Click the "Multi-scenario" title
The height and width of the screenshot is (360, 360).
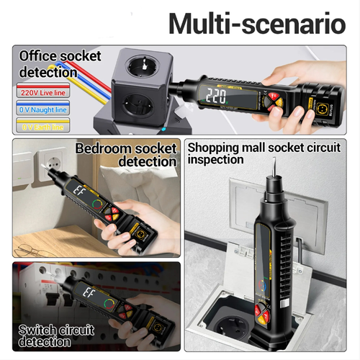click(257, 23)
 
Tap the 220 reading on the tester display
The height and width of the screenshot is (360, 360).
click(216, 96)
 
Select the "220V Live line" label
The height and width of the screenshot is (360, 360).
click(43, 92)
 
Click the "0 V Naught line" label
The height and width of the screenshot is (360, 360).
click(43, 109)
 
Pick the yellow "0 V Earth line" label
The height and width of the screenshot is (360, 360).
click(43, 125)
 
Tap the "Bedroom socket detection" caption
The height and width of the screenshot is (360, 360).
click(127, 155)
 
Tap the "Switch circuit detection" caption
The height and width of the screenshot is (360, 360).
click(57, 336)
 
